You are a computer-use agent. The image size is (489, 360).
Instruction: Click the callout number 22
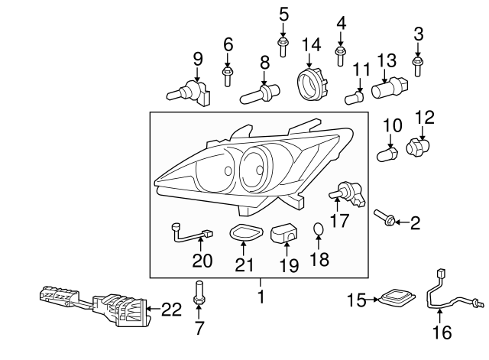coord(173,309)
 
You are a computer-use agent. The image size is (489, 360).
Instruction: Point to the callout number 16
coord(443,332)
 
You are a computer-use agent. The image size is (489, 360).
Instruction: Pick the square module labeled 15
coord(398,300)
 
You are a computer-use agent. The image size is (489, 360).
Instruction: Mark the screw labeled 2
coord(386,219)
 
